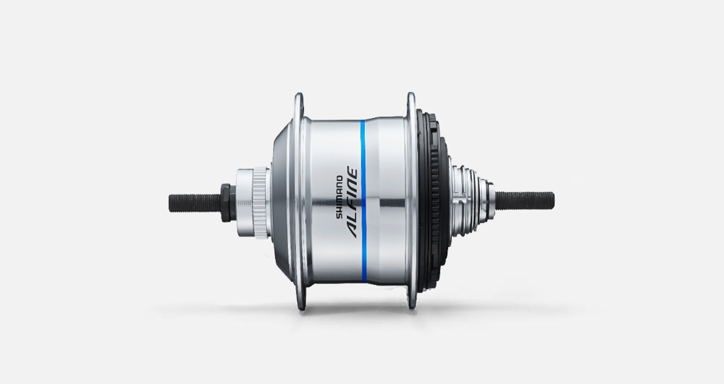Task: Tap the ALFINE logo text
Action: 353,203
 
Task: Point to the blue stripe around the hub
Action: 363,201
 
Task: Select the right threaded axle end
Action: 524,201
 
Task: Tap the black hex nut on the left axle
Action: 226,203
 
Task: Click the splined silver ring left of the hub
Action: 261,203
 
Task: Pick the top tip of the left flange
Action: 299,93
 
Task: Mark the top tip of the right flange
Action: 411,93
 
